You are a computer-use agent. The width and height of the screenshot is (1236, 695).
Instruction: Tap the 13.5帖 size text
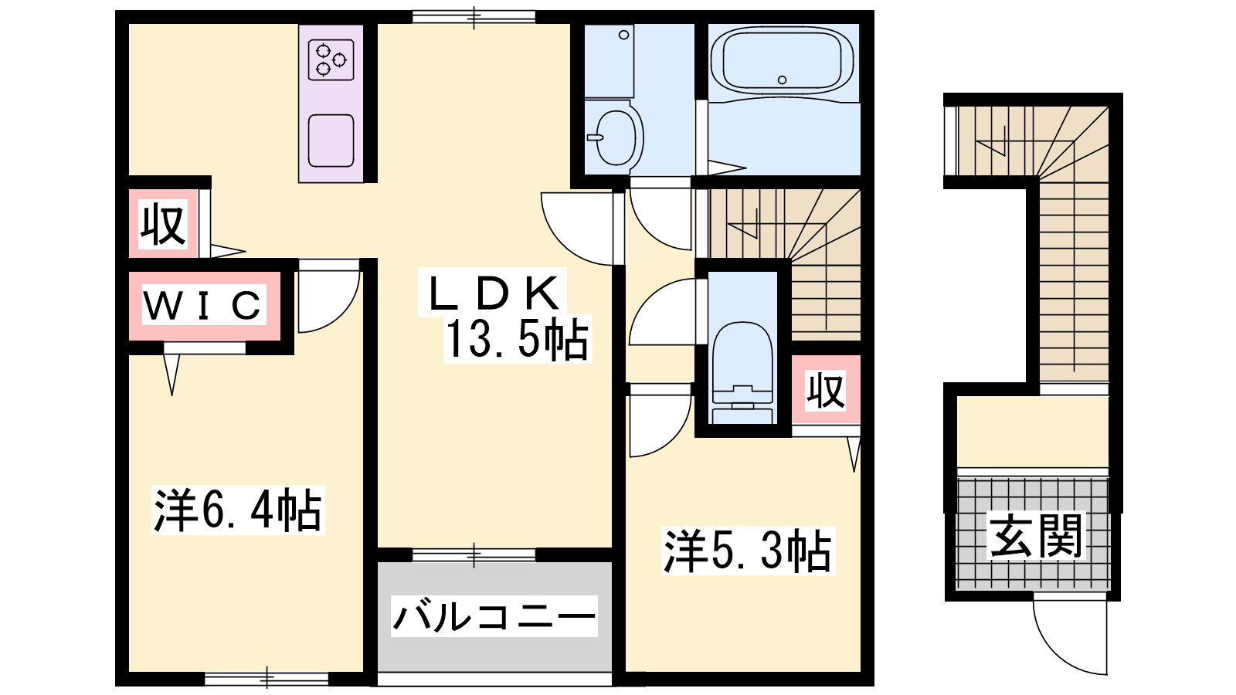click(517, 339)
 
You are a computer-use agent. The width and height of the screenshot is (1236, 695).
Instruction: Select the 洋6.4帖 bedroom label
click(238, 510)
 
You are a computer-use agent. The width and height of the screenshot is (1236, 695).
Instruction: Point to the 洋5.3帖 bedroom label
click(748, 551)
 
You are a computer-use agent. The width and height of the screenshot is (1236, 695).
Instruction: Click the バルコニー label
click(494, 616)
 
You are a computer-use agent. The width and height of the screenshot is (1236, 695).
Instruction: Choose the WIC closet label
click(202, 304)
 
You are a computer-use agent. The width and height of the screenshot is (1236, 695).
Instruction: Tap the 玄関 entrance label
click(1036, 536)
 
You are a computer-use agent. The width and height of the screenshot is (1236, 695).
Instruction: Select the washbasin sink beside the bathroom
click(616, 137)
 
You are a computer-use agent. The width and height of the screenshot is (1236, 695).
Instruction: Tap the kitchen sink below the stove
click(331, 141)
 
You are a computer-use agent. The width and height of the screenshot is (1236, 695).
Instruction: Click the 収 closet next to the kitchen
click(163, 223)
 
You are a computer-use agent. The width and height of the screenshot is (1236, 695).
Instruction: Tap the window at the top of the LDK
click(474, 17)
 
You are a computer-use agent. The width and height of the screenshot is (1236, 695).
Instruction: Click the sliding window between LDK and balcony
click(474, 554)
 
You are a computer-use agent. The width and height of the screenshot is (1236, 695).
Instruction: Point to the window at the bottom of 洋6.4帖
click(267, 679)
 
